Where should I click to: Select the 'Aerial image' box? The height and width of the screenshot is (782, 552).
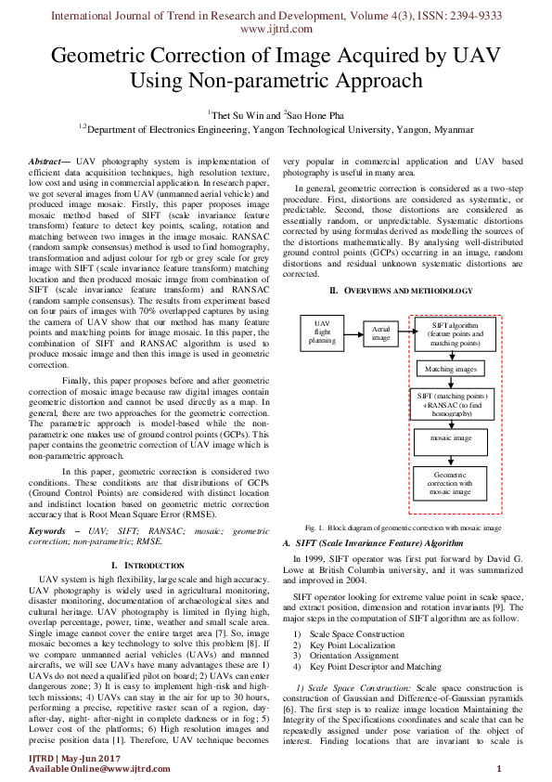pos(379,333)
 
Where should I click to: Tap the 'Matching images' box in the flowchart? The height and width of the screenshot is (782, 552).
pos(450,369)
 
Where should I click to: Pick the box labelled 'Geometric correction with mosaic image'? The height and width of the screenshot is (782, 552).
pos(450,484)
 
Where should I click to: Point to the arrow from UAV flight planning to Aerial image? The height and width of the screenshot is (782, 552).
pos(350,332)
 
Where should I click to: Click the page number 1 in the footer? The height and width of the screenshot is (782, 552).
pos(499,767)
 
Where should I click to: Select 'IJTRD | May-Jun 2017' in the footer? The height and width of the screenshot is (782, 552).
pos(69,757)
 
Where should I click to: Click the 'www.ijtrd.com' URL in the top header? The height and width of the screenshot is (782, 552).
pos(276,29)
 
